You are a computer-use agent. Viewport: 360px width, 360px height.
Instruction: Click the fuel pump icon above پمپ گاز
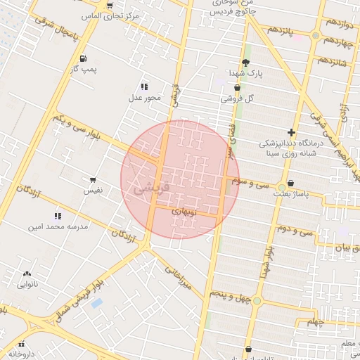click(84, 58)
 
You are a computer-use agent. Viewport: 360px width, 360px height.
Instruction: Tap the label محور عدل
click(145, 98)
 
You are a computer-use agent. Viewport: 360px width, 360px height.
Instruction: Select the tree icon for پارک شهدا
click(245, 63)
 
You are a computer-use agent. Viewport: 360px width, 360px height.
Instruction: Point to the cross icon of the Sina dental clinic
click(291, 132)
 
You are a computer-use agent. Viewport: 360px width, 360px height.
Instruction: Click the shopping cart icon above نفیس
click(93, 180)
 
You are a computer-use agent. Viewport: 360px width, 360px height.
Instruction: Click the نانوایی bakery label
click(27, 284)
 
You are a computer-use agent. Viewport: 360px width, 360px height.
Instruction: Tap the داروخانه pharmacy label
click(22, 355)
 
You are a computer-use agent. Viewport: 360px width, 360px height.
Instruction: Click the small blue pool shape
click(96, 303)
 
